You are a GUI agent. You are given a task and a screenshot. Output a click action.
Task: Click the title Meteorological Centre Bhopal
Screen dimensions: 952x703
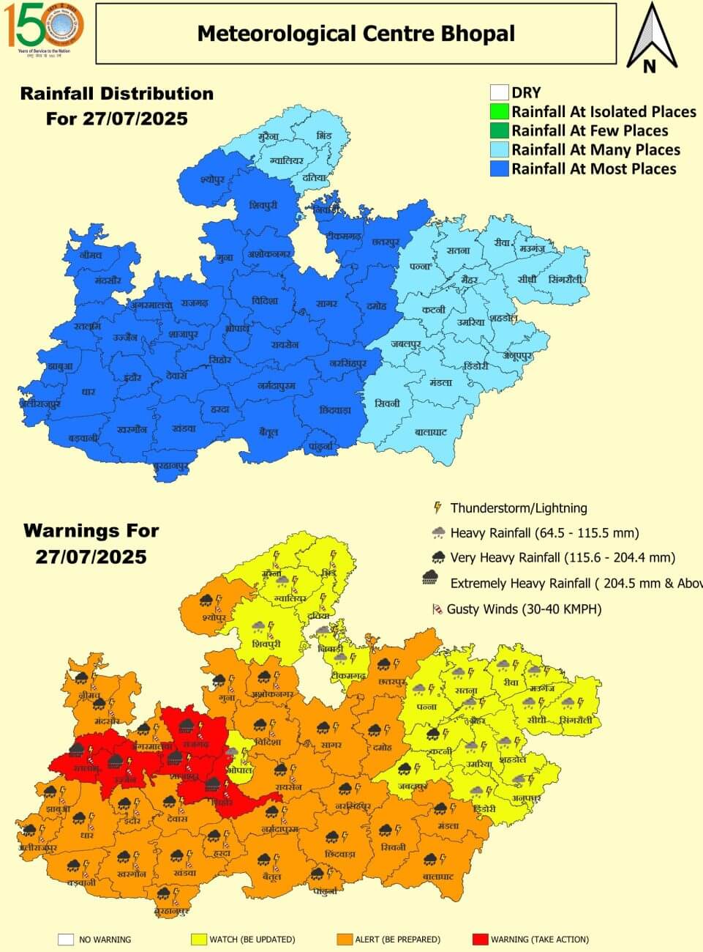tap(356, 34)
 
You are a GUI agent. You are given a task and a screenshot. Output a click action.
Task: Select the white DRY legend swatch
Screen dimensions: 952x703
tap(499, 92)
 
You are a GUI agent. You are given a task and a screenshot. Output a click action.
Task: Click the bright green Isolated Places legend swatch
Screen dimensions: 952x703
tap(499, 111)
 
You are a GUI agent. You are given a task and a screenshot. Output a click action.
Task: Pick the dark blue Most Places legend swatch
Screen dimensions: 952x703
tap(499, 168)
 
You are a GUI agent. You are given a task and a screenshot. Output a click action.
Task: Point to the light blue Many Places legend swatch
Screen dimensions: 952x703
tap(499, 149)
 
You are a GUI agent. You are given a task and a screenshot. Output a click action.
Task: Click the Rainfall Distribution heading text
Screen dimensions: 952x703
tap(117, 94)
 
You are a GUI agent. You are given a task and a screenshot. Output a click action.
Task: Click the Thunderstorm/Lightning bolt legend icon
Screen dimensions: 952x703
tap(437, 507)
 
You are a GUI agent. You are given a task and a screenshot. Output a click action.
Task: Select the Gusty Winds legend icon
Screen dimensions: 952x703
tap(437, 609)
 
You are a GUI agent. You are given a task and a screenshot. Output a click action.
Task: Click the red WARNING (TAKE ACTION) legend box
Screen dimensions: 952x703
tap(480, 940)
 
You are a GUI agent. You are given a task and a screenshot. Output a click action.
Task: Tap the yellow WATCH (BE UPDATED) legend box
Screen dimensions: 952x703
tap(198, 940)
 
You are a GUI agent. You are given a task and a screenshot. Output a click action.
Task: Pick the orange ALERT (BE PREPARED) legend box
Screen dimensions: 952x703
tap(345, 940)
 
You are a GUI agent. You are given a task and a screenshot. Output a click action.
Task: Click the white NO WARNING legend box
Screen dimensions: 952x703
tap(67, 940)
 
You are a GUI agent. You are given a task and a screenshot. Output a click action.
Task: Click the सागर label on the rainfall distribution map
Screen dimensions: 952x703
tap(326, 303)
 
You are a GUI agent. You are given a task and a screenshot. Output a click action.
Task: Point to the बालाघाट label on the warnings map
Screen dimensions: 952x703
tap(438, 877)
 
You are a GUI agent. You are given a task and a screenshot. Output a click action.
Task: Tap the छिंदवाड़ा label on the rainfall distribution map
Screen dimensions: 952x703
tap(335, 410)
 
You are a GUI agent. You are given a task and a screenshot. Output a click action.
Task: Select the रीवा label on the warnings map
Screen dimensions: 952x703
tap(510, 683)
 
